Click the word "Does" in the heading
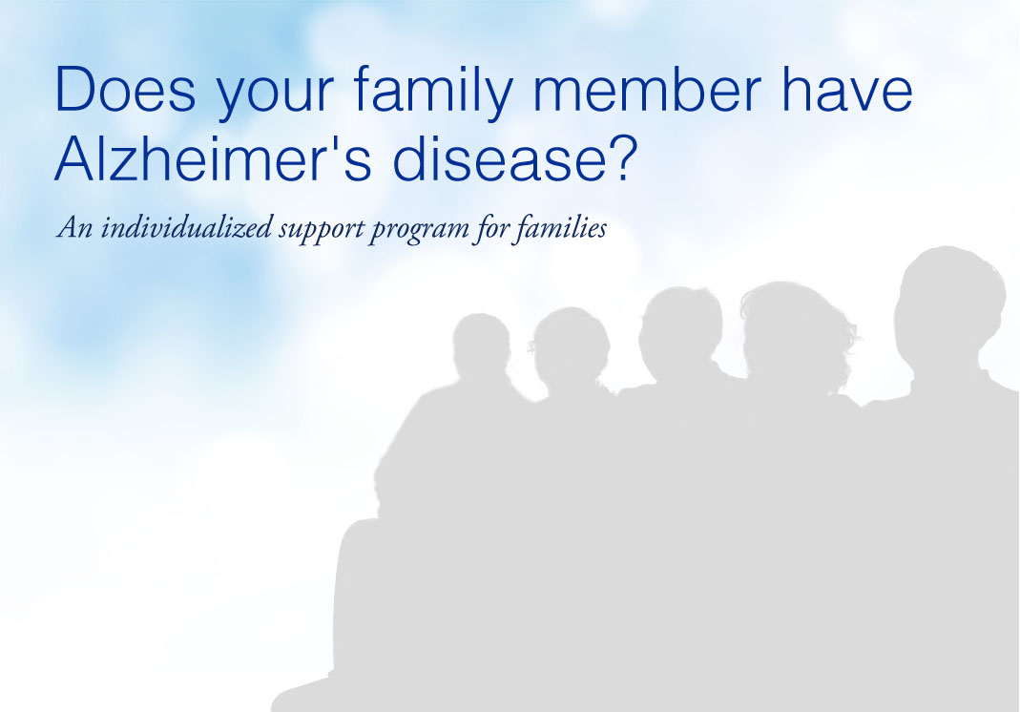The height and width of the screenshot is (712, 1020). pos(126,89)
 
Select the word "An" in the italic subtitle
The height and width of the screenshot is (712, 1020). pos(74,228)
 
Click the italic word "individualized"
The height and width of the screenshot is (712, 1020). pos(186,227)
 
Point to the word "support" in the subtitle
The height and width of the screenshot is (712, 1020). pos(321,230)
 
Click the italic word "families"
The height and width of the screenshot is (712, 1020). pos(559,228)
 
